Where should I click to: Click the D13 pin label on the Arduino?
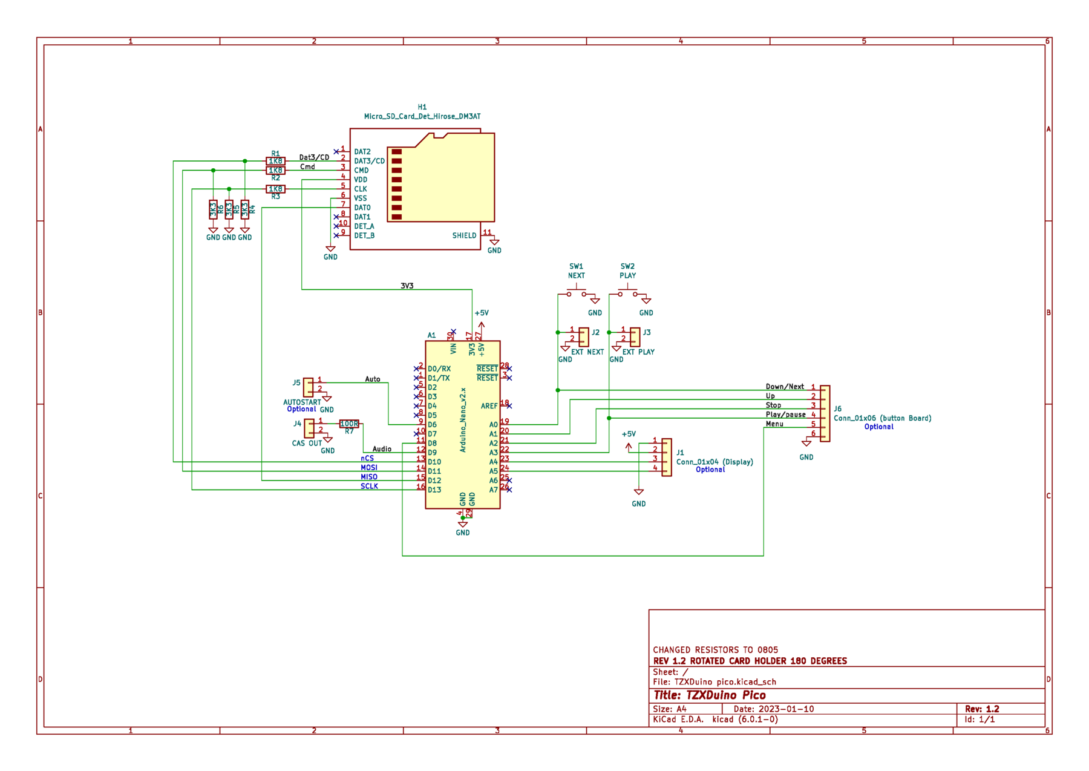tap(434, 490)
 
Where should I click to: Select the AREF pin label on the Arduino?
tap(489, 406)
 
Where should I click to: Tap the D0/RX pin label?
tap(439, 369)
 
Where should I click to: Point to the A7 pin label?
tap(494, 490)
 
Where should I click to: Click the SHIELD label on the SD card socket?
tap(465, 235)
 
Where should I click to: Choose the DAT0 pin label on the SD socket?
tap(362, 208)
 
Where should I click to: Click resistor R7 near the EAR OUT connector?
tap(349, 424)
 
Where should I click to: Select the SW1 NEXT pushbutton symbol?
tap(576, 294)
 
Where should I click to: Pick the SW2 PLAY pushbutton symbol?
tap(627, 294)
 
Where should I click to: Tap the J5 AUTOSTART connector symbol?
tap(309, 387)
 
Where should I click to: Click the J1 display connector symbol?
tap(666, 457)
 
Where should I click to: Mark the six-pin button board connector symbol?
tap(825, 413)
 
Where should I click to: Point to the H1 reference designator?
tap(422, 107)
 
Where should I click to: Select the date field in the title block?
tap(774, 709)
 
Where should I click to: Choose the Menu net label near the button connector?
tap(774, 425)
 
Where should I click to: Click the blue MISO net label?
tap(368, 476)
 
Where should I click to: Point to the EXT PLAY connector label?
tap(638, 352)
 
